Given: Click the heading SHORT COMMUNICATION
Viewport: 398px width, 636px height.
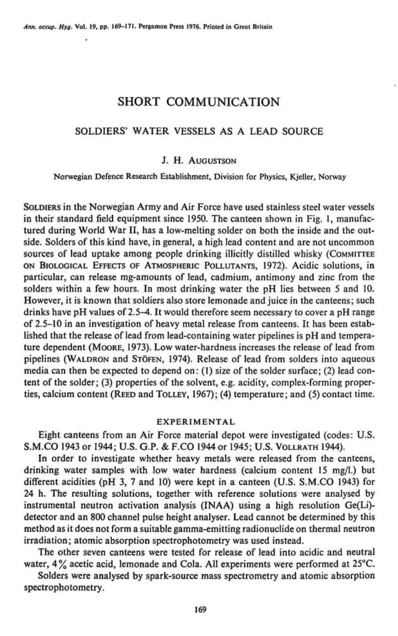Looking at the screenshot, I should (198, 101).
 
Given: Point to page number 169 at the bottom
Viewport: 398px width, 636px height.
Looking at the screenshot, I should (199, 609).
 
